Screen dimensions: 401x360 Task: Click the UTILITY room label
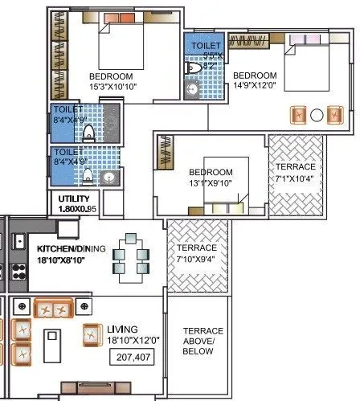tap(77, 198)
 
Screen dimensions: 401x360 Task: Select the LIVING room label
tap(122, 329)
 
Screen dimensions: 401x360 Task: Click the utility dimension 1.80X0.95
tap(78, 209)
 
